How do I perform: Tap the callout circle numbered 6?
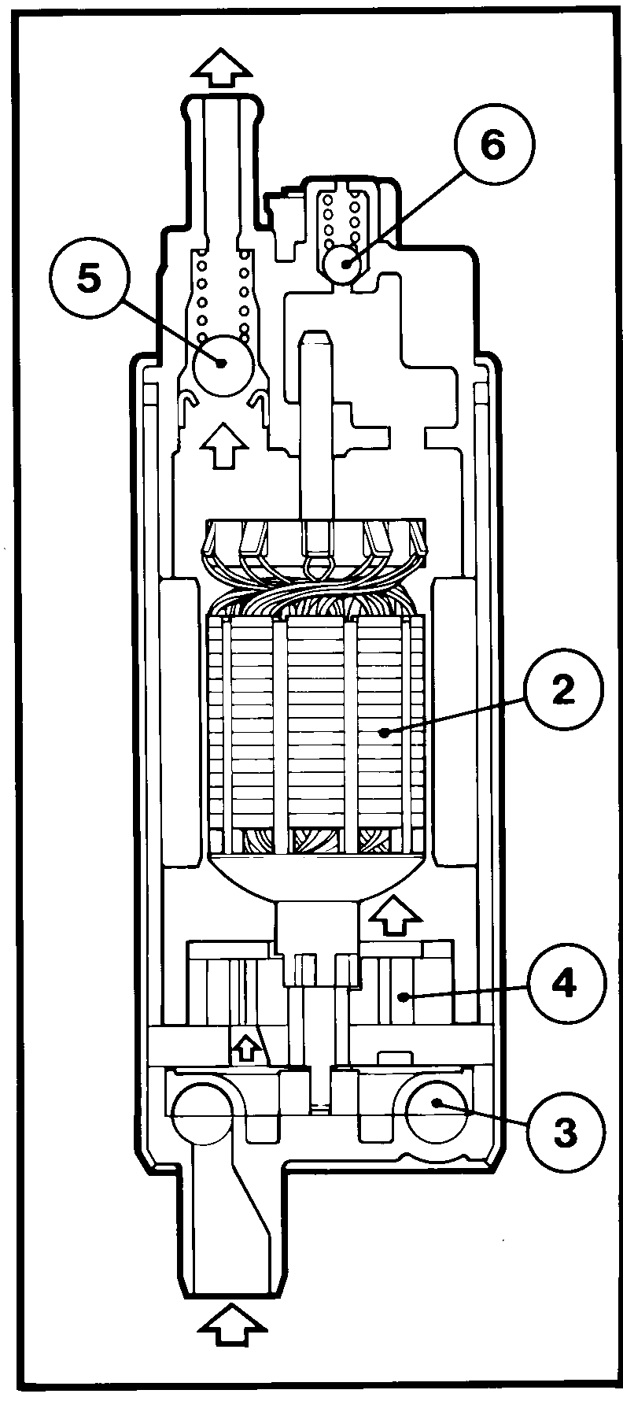coord(494,147)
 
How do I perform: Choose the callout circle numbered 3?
coord(563,1132)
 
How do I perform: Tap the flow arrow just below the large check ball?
coord(221,445)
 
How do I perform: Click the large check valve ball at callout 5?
coord(221,363)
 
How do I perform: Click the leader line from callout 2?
coord(453,717)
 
